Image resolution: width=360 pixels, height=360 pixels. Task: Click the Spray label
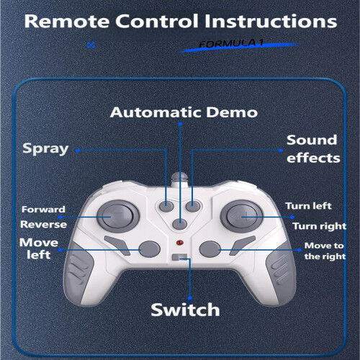(45, 149)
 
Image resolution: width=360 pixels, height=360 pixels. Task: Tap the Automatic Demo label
(184, 112)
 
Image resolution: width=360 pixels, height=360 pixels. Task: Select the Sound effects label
(313, 149)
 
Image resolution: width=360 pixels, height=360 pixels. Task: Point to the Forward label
(43, 210)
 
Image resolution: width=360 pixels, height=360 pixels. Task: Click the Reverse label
(43, 225)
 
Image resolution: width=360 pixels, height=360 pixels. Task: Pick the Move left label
(39, 248)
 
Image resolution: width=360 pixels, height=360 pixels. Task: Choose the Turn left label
(308, 206)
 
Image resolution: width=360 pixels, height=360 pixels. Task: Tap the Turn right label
(320, 226)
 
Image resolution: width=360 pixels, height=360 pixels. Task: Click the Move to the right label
(325, 251)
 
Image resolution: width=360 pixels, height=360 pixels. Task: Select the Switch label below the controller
(185, 310)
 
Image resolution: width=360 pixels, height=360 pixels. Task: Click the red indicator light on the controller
(180, 243)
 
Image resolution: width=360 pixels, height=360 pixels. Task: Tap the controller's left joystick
(118, 216)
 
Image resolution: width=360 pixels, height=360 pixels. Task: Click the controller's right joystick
(242, 216)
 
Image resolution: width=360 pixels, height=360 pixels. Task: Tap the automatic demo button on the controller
(180, 225)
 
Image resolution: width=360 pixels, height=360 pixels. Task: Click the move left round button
(150, 249)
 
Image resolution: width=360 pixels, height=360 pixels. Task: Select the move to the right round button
(210, 249)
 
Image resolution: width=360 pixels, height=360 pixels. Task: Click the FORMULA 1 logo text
(231, 43)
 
